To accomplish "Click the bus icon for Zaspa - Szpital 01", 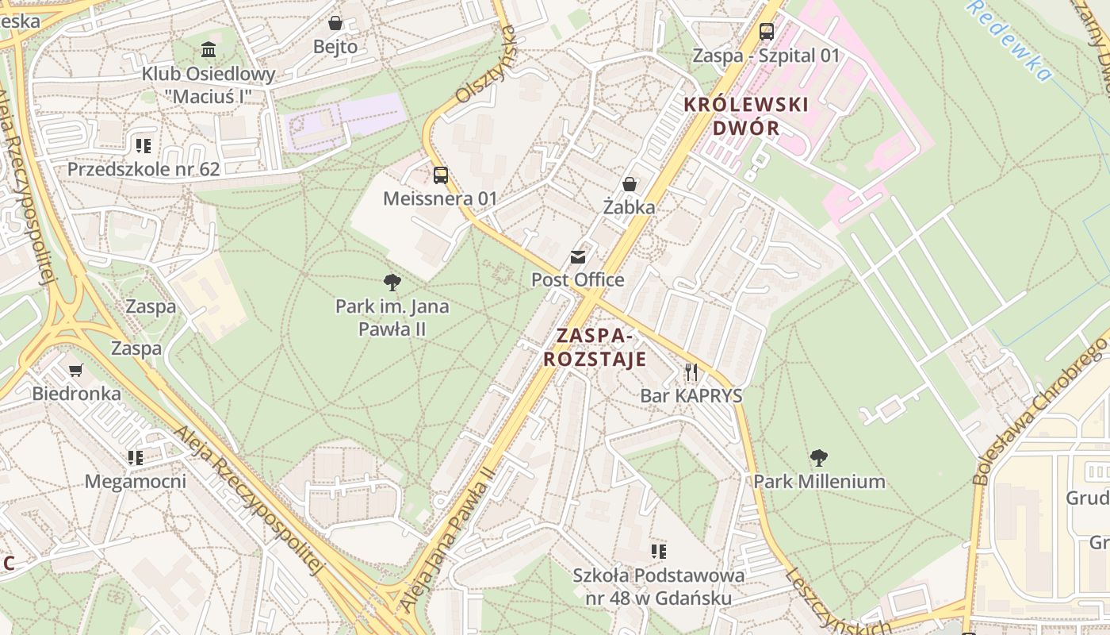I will click(x=766, y=32).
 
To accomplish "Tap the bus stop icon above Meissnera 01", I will click(x=440, y=175).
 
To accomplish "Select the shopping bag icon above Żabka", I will click(x=630, y=184).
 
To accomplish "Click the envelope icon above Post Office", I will click(x=577, y=257).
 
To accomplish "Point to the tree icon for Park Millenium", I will click(x=819, y=458).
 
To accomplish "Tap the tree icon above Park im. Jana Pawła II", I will click(x=392, y=283).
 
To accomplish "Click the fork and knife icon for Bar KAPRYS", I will click(x=691, y=372).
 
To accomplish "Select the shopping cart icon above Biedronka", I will click(x=76, y=370).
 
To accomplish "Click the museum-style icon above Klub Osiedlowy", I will click(x=209, y=50).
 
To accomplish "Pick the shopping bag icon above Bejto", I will click(x=335, y=23).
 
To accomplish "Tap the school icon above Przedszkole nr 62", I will click(x=143, y=145).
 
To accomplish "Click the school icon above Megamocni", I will click(x=136, y=458).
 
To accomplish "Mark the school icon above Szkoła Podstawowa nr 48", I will click(x=658, y=551).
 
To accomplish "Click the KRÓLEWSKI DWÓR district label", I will click(x=745, y=116).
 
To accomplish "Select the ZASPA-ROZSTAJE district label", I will click(x=595, y=347).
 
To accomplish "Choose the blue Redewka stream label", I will click(x=1010, y=39).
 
